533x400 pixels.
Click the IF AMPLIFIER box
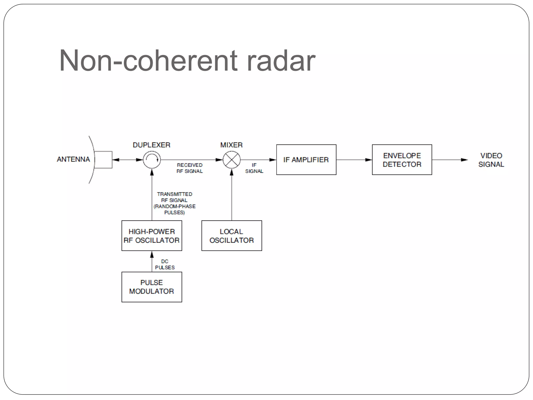[x=306, y=160]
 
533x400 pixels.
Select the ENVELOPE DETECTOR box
[x=402, y=160]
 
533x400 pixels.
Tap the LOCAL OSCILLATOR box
[x=232, y=236]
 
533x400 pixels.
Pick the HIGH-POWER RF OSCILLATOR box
[x=152, y=236]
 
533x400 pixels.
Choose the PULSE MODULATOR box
[x=152, y=287]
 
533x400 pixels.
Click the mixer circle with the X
[x=232, y=160]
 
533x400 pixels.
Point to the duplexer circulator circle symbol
[x=152, y=160]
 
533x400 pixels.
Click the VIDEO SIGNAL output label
[x=491, y=160]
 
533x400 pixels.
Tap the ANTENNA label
[x=73, y=159]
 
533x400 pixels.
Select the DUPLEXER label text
[x=151, y=145]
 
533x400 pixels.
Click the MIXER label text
[x=231, y=145]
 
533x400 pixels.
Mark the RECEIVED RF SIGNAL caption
[x=190, y=168]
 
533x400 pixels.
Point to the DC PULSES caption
[x=165, y=264]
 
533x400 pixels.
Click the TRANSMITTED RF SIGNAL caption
[x=175, y=203]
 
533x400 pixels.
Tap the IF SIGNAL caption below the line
[x=254, y=168]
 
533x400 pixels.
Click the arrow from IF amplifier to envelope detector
[x=354, y=160]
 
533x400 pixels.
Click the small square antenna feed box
[x=103, y=160]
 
